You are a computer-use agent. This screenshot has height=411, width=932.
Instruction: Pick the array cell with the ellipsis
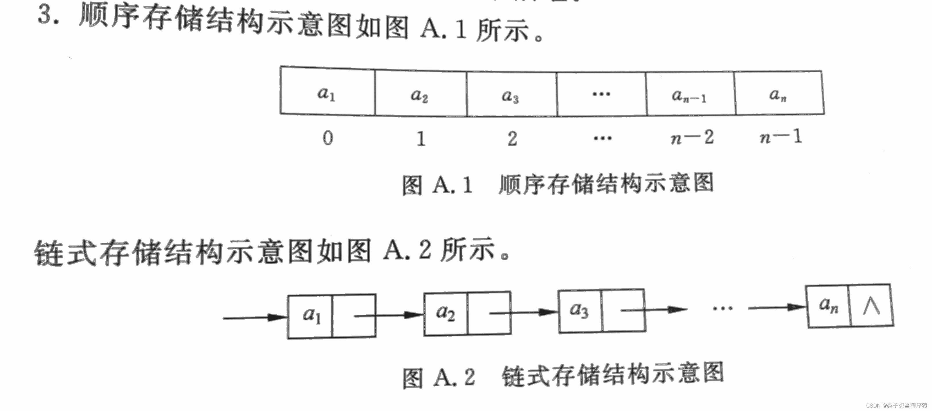pos(601,94)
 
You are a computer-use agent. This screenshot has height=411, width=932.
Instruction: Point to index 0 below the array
pos(328,138)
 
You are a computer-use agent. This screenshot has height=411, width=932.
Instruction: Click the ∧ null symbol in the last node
pos(872,306)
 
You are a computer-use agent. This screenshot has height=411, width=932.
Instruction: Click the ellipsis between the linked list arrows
pos(722,309)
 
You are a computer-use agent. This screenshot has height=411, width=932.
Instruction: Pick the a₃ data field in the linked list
pos(580,310)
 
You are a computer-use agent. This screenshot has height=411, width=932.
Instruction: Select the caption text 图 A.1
pos(438,185)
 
